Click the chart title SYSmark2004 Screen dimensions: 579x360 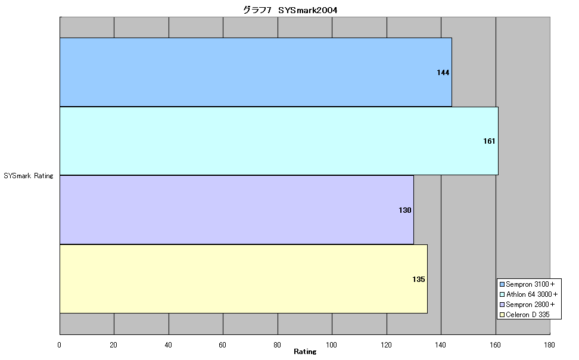(290, 10)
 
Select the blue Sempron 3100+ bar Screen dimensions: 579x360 (256, 72)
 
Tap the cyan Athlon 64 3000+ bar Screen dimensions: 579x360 (279, 141)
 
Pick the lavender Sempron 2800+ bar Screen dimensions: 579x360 (236, 210)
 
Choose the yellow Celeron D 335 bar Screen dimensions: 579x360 (244, 279)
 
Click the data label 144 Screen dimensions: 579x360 (443, 73)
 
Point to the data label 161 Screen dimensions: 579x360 (489, 141)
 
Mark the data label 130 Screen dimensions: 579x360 (405, 210)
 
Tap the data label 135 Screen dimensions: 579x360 (419, 280)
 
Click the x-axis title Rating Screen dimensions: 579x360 (305, 352)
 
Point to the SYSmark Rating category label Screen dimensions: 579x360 (29, 176)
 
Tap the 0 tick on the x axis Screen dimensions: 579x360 (60, 345)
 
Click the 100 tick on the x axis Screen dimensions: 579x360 (332, 345)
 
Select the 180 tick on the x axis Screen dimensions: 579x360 (549, 345)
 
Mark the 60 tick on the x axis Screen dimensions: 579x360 (223, 345)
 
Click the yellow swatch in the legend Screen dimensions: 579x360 (502, 315)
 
